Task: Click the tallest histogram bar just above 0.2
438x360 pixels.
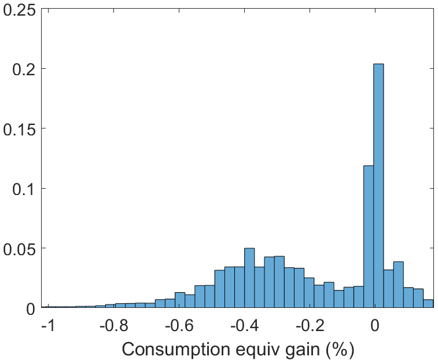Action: pyautogui.click(x=378, y=185)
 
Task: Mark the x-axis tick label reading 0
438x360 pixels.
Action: pyautogui.click(x=376, y=326)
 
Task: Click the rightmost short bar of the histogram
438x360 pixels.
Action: pyautogui.click(x=428, y=304)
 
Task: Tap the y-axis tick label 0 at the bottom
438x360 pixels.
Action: pyautogui.click(x=31, y=308)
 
